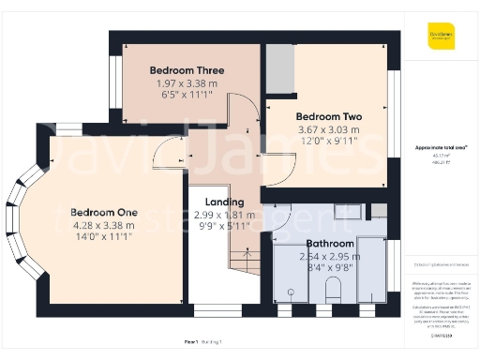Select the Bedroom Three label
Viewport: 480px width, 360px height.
click(x=185, y=70)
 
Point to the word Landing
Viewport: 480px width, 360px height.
click(x=224, y=202)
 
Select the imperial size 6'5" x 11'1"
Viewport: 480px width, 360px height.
click(x=185, y=96)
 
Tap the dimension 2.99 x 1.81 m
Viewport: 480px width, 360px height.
click(x=224, y=215)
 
